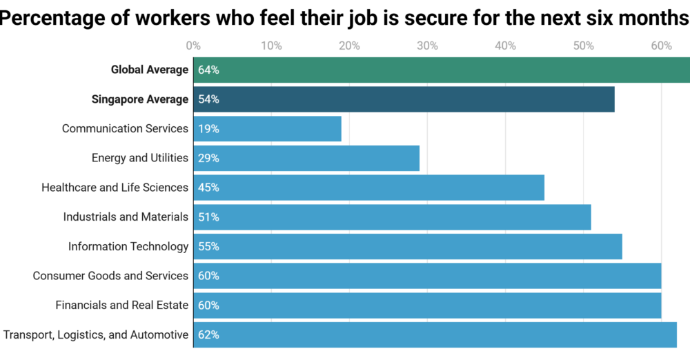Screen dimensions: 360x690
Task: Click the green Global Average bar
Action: coord(442,70)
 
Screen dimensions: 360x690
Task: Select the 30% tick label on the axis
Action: coord(428,46)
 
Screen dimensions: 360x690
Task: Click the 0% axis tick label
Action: coord(194,46)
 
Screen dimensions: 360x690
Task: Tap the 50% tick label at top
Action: coord(584,46)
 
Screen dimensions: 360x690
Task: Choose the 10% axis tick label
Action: coord(272,46)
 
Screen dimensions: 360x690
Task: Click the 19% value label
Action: coord(208,129)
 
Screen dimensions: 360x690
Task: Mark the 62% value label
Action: coord(208,334)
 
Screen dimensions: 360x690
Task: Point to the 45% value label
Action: coord(208,188)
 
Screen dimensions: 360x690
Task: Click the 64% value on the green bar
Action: coord(208,70)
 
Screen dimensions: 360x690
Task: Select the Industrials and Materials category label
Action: coord(126,217)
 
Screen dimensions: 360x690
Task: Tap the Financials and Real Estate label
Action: coord(121,305)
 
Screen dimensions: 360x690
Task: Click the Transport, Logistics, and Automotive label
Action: coord(96,334)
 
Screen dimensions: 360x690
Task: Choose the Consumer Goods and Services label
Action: coord(110,276)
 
